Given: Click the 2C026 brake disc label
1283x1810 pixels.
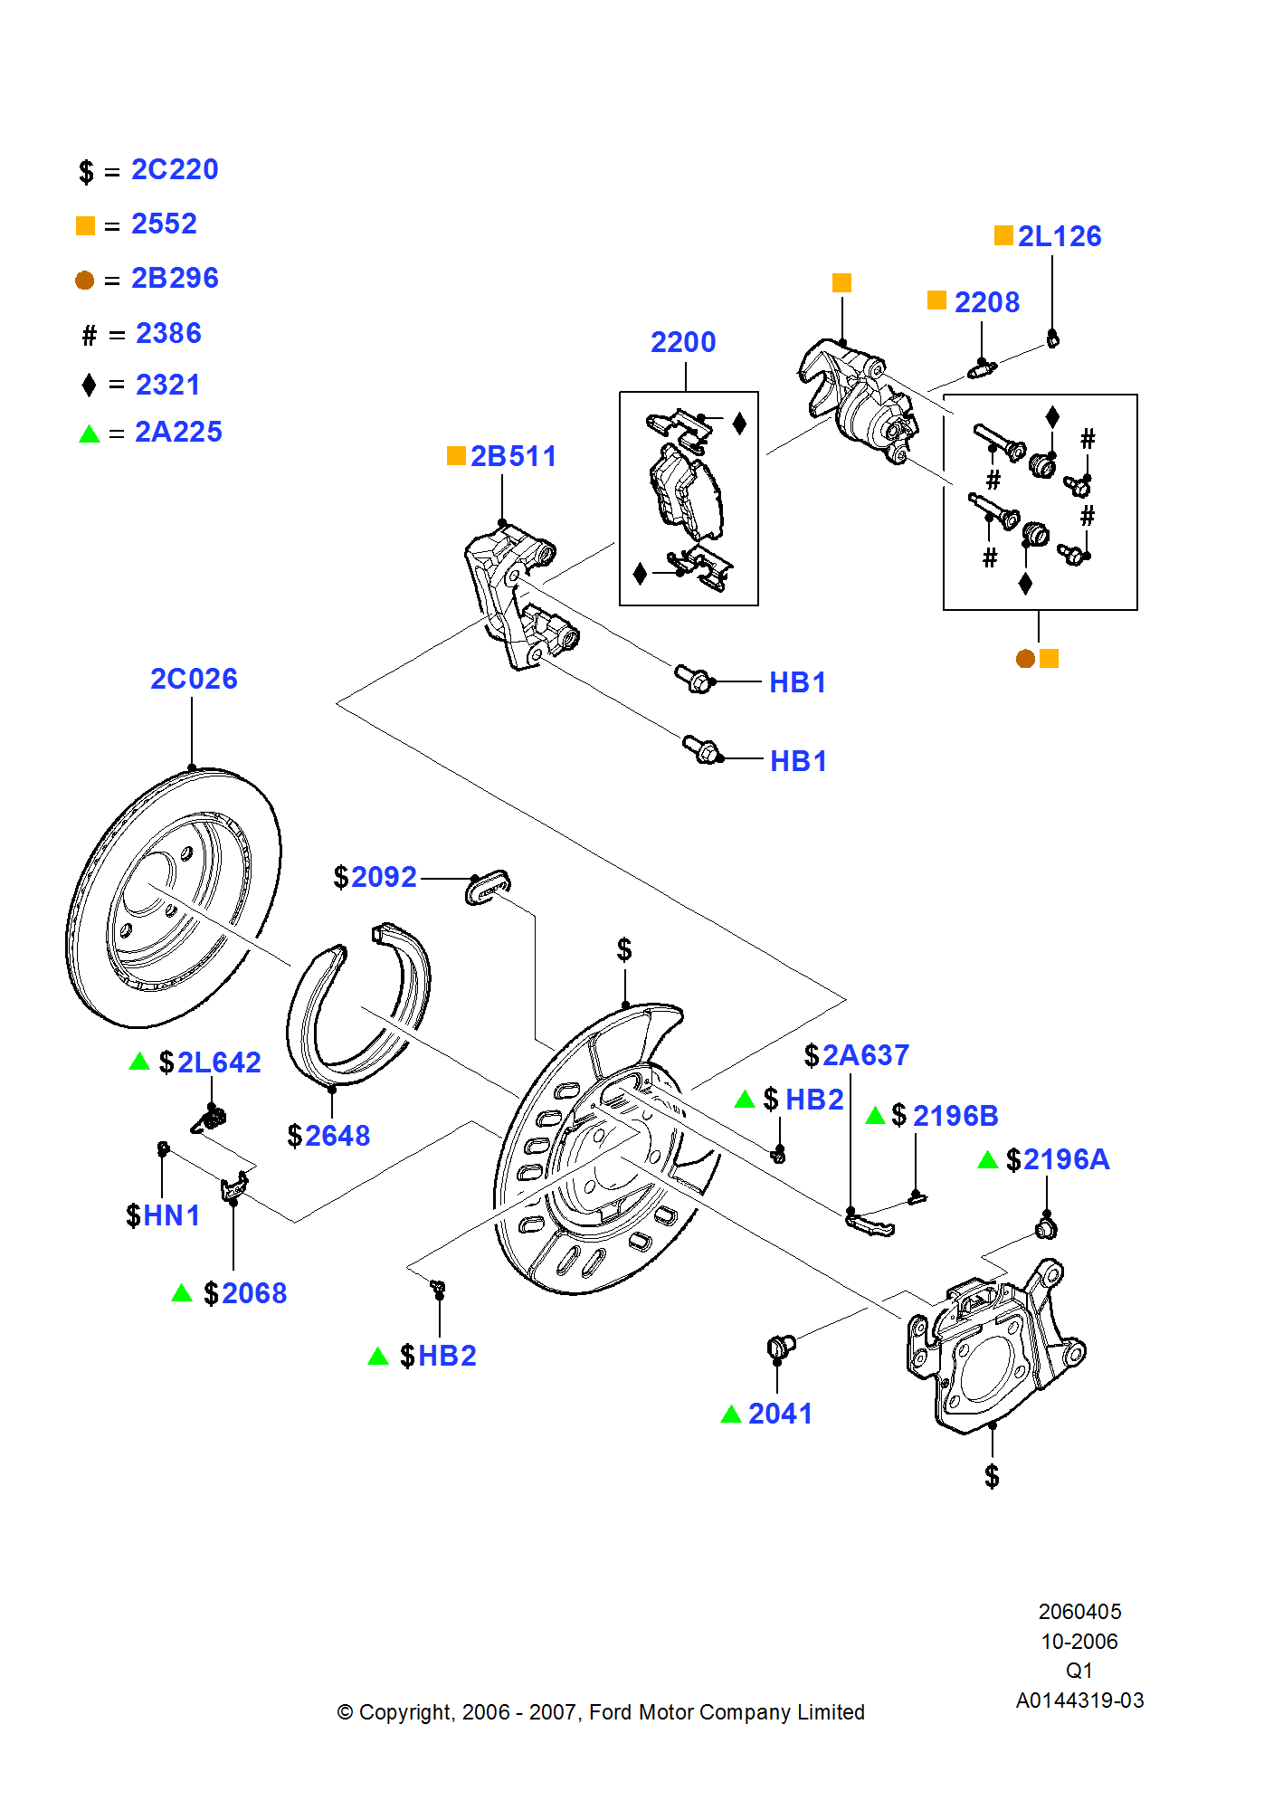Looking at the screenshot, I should tap(194, 679).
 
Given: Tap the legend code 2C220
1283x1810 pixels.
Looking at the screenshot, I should tap(175, 170).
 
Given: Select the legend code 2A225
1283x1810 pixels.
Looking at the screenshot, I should tap(178, 433).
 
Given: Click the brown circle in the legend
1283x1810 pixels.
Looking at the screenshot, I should tap(85, 280).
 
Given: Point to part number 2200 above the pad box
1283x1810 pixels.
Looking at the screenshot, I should tap(683, 342).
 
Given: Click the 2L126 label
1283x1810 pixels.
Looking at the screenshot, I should tap(1059, 236).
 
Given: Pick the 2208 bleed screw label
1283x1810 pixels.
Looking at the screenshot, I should tap(986, 302).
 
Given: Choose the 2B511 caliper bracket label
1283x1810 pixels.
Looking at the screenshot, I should tap(513, 456).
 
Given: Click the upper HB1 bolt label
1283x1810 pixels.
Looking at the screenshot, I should tap(797, 682).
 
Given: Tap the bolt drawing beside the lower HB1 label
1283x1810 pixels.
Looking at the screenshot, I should tap(703, 750).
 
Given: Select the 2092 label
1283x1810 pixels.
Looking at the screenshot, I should tap(384, 877).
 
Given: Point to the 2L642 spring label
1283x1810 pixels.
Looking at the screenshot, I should tap(219, 1062).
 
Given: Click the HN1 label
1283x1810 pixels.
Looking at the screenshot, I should tap(171, 1215).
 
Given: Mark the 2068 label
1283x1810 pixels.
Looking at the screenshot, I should tap(254, 1293).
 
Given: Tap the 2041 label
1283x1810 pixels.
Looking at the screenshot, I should tap(780, 1414).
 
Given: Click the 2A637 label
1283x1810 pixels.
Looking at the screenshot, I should tap(865, 1055).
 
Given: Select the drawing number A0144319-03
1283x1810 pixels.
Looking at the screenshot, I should tap(1079, 1700).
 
